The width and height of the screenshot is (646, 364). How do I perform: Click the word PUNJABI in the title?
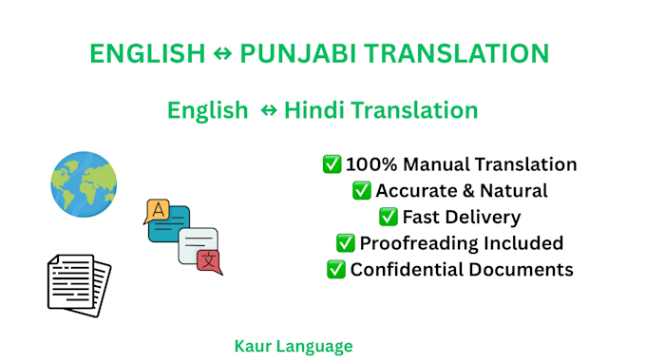pyautogui.click(x=298, y=54)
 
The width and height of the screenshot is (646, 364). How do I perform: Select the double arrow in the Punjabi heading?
pyautogui.click(x=223, y=53)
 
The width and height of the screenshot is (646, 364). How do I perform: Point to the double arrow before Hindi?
pyautogui.click(x=269, y=110)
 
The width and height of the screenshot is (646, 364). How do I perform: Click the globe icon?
pyautogui.click(x=84, y=184)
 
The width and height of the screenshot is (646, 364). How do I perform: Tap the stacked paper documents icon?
pyautogui.click(x=80, y=285)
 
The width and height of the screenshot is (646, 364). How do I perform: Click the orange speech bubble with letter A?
pyautogui.click(x=157, y=211)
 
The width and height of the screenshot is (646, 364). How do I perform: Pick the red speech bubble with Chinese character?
pyautogui.click(x=209, y=261)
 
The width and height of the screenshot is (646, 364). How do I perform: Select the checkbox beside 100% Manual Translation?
pyautogui.click(x=332, y=164)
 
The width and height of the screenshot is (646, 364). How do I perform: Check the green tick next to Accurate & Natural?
pyautogui.click(x=362, y=190)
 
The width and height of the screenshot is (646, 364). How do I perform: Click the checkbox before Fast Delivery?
pyautogui.click(x=389, y=217)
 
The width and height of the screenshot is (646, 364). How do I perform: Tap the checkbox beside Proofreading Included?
pyautogui.click(x=345, y=243)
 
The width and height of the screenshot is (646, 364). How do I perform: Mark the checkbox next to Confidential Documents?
pyautogui.click(x=335, y=270)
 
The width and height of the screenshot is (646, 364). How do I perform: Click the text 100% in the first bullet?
pyautogui.click(x=371, y=164)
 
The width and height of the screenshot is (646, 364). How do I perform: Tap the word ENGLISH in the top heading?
pyautogui.click(x=147, y=54)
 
